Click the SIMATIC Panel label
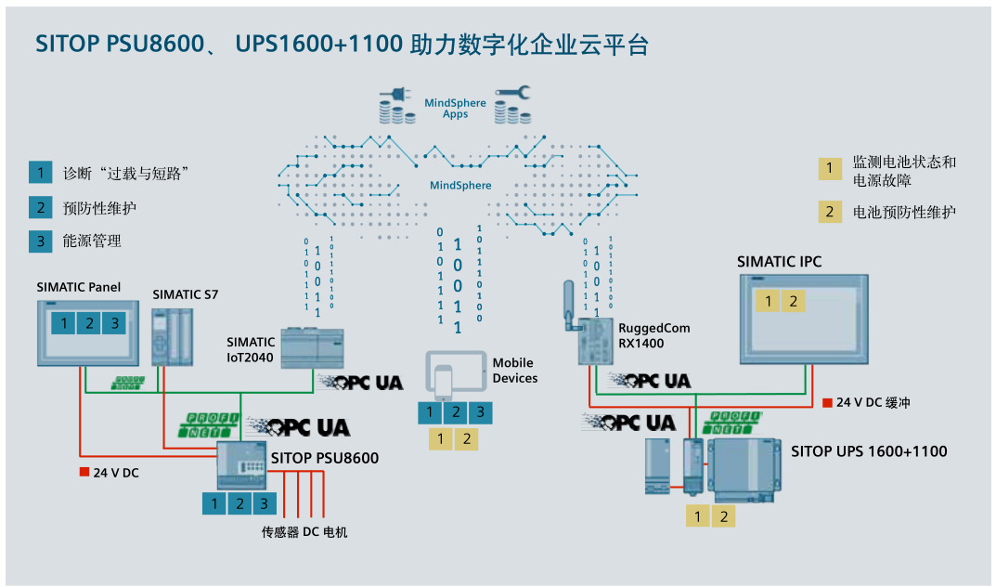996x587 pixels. (79, 287)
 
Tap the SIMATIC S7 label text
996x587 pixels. (186, 294)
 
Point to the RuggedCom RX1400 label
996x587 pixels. (653, 335)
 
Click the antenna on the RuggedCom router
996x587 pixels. (569, 303)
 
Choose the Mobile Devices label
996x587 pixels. (515, 371)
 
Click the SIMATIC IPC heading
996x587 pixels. (779, 262)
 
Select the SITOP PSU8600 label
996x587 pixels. (325, 458)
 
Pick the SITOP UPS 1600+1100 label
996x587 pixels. (869, 451)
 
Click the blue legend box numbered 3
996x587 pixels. (40, 241)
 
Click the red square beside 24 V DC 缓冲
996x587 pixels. (827, 403)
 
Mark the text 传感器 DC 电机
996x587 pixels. (304, 532)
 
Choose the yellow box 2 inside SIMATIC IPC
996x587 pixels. (792, 301)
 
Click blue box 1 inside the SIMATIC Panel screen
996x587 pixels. (62, 323)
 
